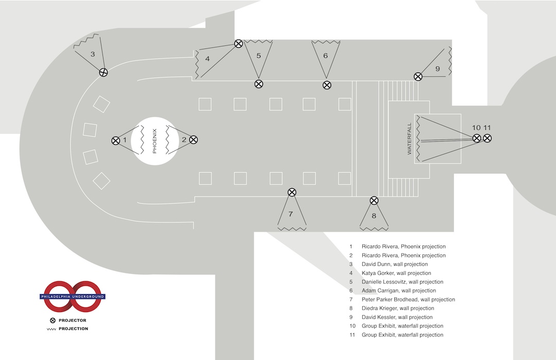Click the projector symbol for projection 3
(x=103, y=72)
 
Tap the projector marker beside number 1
(x=115, y=140)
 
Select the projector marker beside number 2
(x=194, y=140)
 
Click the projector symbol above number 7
(x=292, y=192)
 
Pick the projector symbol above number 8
(x=374, y=200)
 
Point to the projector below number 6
(x=327, y=84)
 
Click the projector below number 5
(x=259, y=83)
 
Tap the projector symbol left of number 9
(x=418, y=76)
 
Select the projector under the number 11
(x=487, y=138)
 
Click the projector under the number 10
(x=477, y=138)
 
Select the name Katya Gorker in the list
(x=378, y=273)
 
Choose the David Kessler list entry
(x=379, y=317)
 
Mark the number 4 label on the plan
(x=207, y=59)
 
